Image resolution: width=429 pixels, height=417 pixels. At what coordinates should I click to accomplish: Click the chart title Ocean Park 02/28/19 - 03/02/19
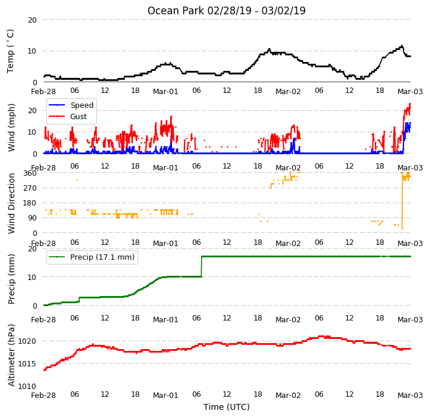pyautogui.click(x=226, y=11)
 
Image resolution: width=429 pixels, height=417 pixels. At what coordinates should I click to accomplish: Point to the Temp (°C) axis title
pyautogui.click(x=10, y=51)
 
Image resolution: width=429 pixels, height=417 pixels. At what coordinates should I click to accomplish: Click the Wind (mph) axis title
pyautogui.click(x=11, y=127)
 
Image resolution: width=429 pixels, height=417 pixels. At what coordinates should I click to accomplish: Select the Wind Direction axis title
pyautogui.click(x=11, y=203)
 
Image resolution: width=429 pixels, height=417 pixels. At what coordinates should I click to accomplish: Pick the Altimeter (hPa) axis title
pyautogui.click(x=11, y=356)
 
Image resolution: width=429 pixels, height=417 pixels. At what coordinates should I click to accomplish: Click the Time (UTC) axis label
pyautogui.click(x=227, y=407)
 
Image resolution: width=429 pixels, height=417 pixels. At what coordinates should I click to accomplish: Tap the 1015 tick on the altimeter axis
pyautogui.click(x=27, y=364)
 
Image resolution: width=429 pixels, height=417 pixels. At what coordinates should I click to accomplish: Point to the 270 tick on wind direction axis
pyautogui.click(x=30, y=188)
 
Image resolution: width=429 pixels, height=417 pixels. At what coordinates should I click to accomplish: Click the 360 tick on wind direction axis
pyautogui.click(x=30, y=173)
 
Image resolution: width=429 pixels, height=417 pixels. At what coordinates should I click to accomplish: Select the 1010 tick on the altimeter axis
pyautogui.click(x=27, y=386)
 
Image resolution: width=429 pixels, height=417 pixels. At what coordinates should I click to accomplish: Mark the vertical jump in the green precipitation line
pyautogui.click(x=202, y=267)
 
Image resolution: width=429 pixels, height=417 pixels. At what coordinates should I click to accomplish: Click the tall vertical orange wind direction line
pyautogui.click(x=402, y=201)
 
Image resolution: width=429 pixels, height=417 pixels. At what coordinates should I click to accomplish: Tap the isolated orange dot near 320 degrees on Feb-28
pyautogui.click(x=77, y=180)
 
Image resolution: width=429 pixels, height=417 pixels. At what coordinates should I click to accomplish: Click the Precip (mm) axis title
pyautogui.click(x=11, y=279)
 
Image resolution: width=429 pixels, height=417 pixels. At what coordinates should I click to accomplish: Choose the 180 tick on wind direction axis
pyautogui.click(x=30, y=203)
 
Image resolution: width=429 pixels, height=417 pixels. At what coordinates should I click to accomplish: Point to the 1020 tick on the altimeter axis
pyautogui.click(x=27, y=341)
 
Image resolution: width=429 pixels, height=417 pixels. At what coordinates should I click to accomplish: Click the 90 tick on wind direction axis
pyautogui.click(x=31, y=218)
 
